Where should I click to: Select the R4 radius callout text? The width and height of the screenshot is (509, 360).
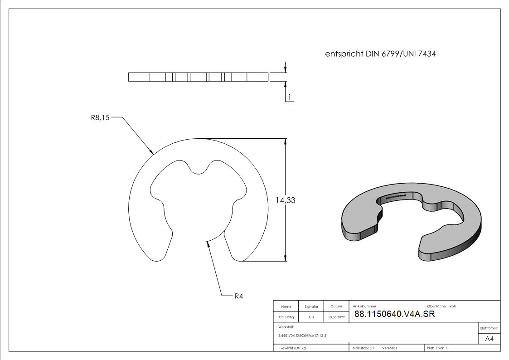[239, 297]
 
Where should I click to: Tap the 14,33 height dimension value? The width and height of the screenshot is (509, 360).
[286, 200]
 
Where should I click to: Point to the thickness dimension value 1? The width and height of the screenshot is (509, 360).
[289, 97]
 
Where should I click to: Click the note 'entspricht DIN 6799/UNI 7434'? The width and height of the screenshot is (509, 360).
[381, 54]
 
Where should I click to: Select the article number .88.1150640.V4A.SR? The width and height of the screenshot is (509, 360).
[393, 314]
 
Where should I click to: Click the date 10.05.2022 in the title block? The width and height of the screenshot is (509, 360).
[336, 317]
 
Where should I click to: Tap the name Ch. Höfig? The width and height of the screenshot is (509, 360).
[286, 317]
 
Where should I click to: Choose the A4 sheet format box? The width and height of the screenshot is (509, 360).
[490, 339]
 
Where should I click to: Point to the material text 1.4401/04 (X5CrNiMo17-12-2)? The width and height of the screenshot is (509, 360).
[303, 336]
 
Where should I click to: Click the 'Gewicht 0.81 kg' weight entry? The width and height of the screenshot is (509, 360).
[293, 348]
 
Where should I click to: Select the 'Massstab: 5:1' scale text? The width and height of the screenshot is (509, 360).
[363, 348]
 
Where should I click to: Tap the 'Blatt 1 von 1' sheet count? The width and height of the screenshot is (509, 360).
[437, 348]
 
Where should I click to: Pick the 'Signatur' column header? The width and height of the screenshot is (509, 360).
[311, 306]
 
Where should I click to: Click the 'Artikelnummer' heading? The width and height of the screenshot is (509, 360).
[364, 306]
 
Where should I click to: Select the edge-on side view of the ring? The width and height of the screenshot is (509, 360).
[199, 77]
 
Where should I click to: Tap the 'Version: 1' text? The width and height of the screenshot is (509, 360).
[390, 348]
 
